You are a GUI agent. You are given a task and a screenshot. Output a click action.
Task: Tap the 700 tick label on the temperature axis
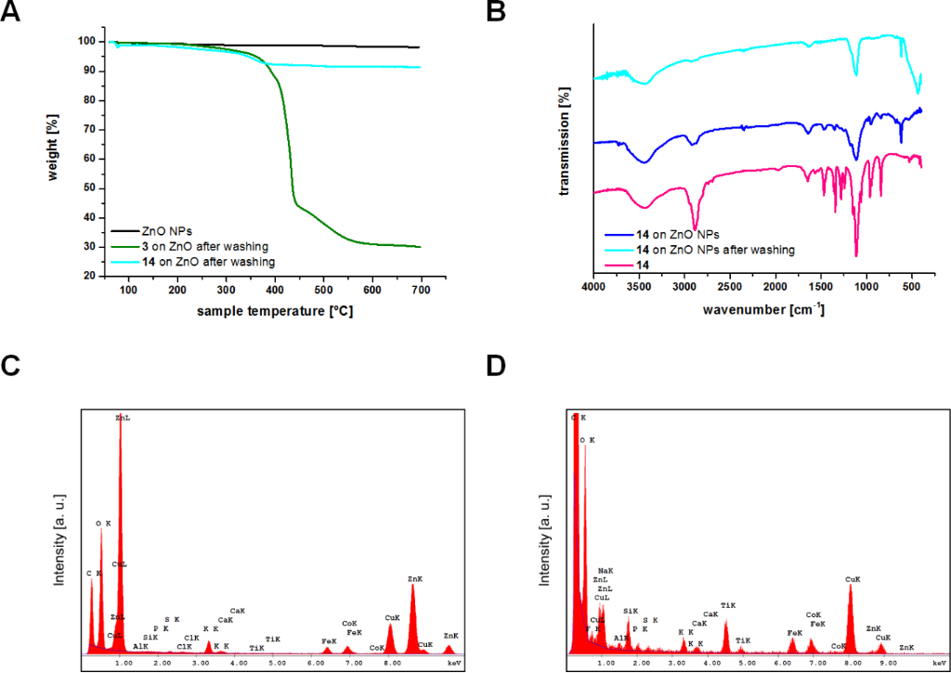(x=421, y=291)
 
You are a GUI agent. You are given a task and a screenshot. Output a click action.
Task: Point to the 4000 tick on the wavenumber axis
(x=593, y=291)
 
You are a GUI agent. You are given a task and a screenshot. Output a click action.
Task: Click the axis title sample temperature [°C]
(x=275, y=311)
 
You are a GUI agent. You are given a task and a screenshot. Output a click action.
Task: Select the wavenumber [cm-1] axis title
(x=756, y=309)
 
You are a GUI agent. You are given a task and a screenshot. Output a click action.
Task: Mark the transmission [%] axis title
(x=564, y=141)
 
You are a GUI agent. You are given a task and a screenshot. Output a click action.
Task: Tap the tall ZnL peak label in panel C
(x=123, y=418)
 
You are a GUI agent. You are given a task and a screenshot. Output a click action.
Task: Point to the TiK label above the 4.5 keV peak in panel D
(x=728, y=604)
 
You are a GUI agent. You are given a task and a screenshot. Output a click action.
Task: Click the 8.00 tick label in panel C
(x=391, y=664)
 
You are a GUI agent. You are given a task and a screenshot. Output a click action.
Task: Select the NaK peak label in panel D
(x=606, y=570)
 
